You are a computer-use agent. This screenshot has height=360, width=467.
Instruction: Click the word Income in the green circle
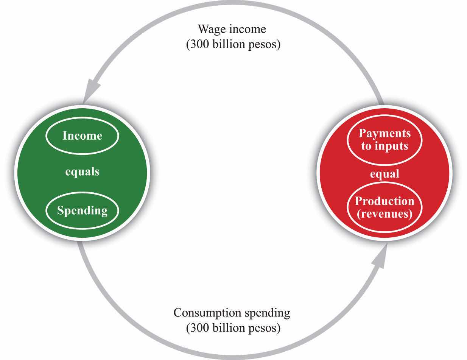coord(82,136)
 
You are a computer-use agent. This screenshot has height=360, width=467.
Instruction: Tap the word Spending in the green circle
coord(82,210)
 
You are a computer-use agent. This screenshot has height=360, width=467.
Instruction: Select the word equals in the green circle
coord(82,172)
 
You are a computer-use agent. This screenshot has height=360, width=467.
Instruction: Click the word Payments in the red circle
coord(384,134)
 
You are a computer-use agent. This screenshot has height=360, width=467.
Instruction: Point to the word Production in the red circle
coord(384,201)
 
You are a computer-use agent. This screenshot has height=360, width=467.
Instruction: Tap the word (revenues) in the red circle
coord(384,214)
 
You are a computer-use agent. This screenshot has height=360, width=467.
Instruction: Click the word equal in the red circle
coord(384,174)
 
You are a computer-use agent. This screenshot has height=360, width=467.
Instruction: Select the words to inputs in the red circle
coord(384,146)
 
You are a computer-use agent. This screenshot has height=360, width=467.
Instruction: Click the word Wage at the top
coord(212,29)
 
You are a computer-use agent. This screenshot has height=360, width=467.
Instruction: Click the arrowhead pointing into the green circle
coord(91,90)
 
